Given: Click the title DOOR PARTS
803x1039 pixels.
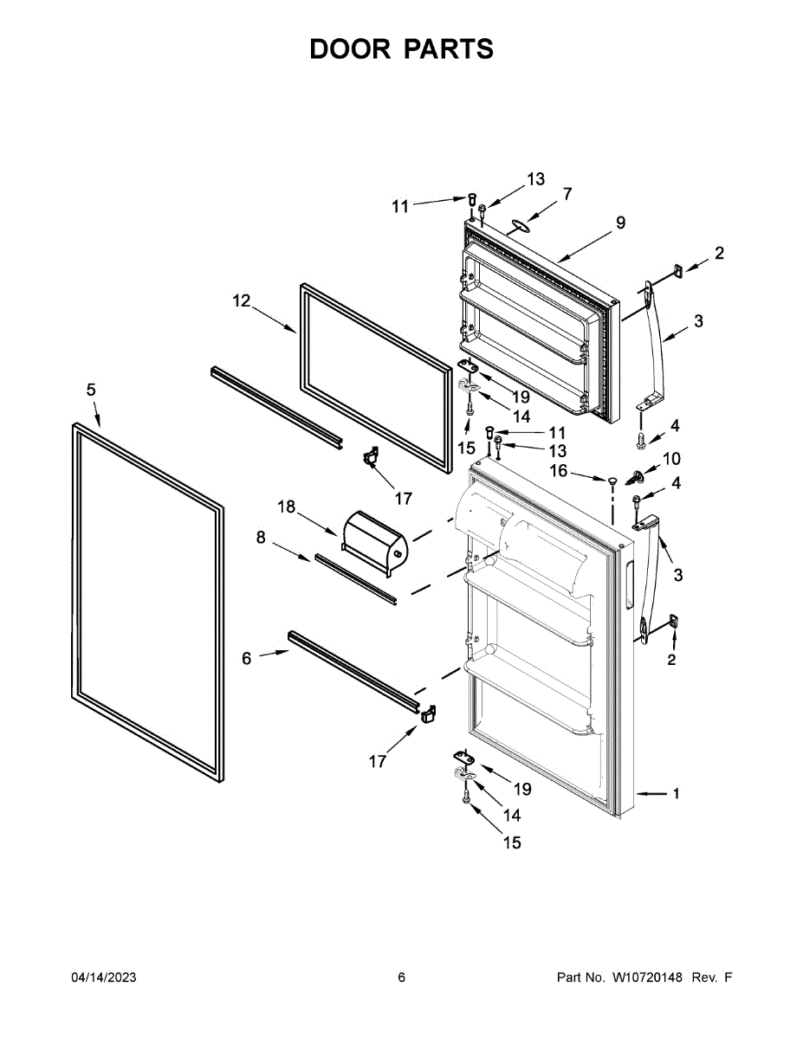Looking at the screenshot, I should click(x=401, y=49).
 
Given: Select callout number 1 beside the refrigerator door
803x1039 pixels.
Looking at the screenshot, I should click(x=677, y=792).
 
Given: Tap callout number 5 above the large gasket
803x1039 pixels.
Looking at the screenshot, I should click(x=91, y=390).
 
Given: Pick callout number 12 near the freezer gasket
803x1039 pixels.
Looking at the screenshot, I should click(x=241, y=301).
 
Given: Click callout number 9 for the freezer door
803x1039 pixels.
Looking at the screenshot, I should click(x=620, y=223).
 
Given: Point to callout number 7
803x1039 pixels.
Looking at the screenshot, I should click(x=567, y=194).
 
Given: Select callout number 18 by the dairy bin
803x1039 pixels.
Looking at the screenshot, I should click(x=286, y=506).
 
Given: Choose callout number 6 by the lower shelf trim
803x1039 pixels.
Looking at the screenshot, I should click(x=247, y=659).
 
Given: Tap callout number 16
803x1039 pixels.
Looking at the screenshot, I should click(x=559, y=470).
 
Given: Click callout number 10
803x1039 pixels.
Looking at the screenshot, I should click(x=672, y=458).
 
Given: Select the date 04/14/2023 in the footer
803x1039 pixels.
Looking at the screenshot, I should click(x=103, y=978).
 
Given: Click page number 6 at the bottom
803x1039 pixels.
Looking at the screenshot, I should click(x=401, y=978).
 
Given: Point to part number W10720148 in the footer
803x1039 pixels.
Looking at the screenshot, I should click(x=648, y=978).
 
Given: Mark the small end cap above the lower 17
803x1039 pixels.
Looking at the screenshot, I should click(x=427, y=713).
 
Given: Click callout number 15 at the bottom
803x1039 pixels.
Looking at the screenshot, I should click(x=512, y=842).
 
